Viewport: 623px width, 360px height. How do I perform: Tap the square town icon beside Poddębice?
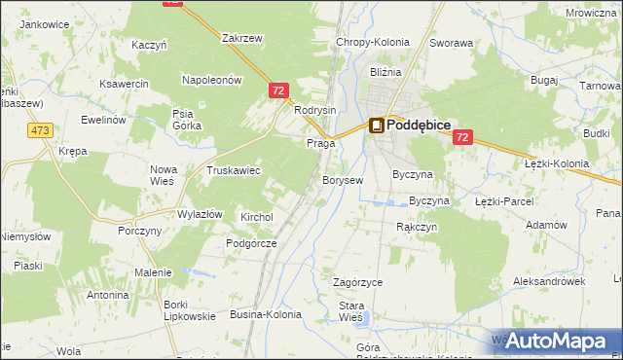[376, 126]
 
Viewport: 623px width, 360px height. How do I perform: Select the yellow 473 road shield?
[40, 129]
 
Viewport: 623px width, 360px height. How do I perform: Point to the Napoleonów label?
[211, 81]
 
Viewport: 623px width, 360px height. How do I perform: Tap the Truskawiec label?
[233, 170]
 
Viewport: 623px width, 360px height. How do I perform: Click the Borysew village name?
[343, 180]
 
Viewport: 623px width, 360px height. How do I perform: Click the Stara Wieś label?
[350, 311]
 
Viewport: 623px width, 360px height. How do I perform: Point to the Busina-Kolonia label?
[265, 314]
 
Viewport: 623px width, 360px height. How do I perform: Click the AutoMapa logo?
[558, 342]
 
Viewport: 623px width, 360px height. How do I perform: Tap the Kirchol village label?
[258, 217]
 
